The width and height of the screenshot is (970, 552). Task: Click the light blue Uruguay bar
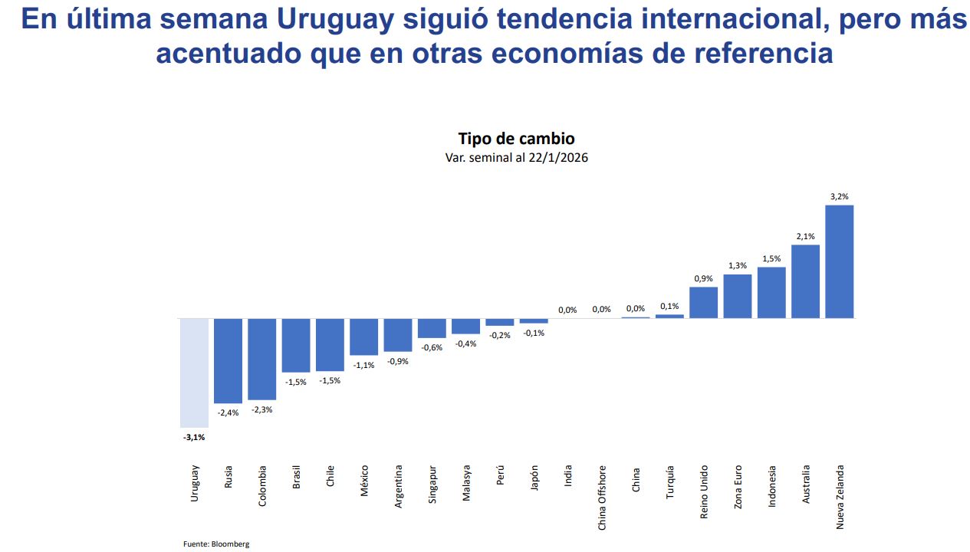tap(194, 373)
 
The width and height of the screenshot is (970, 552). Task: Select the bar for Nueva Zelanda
tap(839, 261)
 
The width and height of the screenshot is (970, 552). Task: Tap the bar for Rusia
tap(228, 360)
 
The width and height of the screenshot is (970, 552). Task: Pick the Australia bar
tap(805, 281)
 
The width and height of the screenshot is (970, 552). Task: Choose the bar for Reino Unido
tap(703, 302)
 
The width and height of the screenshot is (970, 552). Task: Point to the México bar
tap(363, 337)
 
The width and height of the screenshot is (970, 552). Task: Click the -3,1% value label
tap(194, 437)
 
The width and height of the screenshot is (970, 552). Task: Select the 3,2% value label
tap(839, 196)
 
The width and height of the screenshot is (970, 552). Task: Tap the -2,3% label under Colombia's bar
tap(261, 409)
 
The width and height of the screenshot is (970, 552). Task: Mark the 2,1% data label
tap(805, 236)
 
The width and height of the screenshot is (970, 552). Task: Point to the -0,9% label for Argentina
tap(397, 361)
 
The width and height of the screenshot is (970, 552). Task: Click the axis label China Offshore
tap(602, 497)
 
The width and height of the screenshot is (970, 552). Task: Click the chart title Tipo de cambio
tap(516, 139)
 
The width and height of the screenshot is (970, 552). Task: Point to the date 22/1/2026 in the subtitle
tap(558, 157)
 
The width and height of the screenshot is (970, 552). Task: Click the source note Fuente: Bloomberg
tap(216, 544)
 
